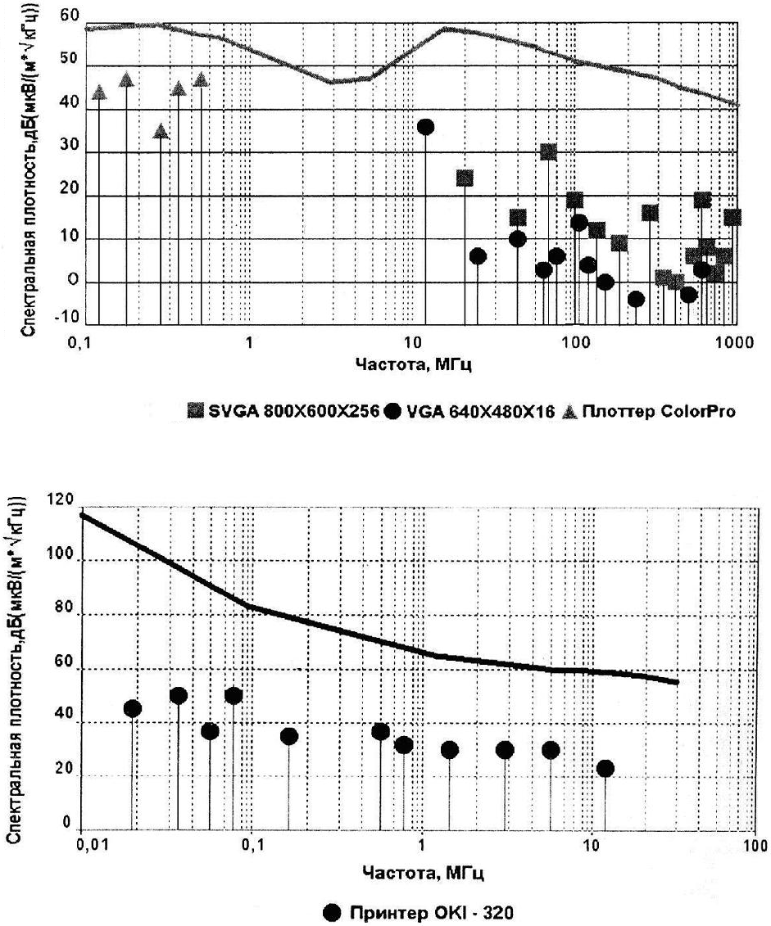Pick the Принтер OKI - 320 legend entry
click(x=420, y=912)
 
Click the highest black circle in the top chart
click(x=425, y=127)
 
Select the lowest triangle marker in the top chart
click(x=161, y=131)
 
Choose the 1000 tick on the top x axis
click(x=733, y=342)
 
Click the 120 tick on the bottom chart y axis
click(x=65, y=500)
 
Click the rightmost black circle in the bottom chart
click(x=605, y=768)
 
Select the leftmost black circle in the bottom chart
click(x=132, y=708)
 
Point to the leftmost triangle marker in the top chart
click(x=99, y=93)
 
